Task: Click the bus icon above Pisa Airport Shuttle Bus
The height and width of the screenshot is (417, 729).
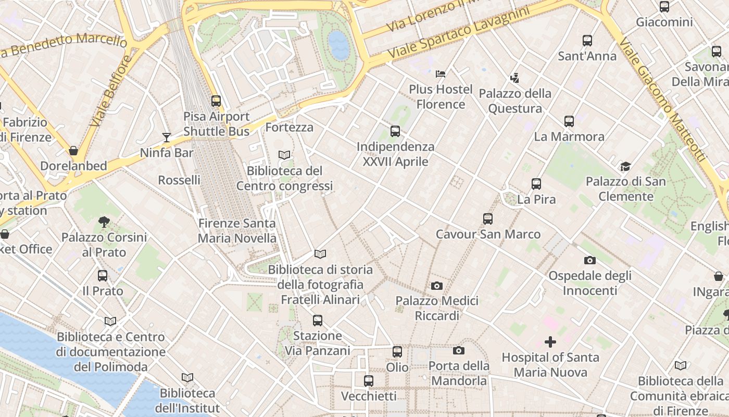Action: pos(216,101)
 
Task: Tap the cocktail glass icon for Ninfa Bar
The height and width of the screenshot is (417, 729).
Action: pos(167,138)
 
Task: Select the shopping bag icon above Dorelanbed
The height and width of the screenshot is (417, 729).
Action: pos(73,151)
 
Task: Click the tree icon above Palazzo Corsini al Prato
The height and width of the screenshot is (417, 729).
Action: pos(104,222)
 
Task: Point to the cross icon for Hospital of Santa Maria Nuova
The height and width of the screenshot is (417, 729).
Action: pos(550,342)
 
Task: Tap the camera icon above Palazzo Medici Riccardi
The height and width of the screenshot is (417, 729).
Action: pos(437,286)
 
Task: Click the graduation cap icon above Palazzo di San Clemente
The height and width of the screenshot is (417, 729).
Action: pos(625,166)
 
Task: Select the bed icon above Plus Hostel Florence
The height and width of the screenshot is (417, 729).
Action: pos(441,73)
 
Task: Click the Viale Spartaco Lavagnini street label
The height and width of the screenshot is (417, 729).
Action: pos(459,32)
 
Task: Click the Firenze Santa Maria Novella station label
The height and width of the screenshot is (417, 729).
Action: pos(237,231)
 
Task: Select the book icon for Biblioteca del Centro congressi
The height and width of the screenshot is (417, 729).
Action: pos(284,155)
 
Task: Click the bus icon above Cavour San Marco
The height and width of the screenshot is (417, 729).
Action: pos(488,219)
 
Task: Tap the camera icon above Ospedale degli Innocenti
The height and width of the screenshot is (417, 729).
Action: pos(590,260)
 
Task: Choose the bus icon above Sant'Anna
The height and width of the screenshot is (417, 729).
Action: pos(587,41)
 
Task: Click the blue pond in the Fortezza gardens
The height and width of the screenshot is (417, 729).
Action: pos(339,45)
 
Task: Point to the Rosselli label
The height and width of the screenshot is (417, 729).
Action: pos(179,180)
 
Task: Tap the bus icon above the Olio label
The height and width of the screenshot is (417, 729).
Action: pos(397,352)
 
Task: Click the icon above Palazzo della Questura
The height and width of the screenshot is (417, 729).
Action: pos(515,78)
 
